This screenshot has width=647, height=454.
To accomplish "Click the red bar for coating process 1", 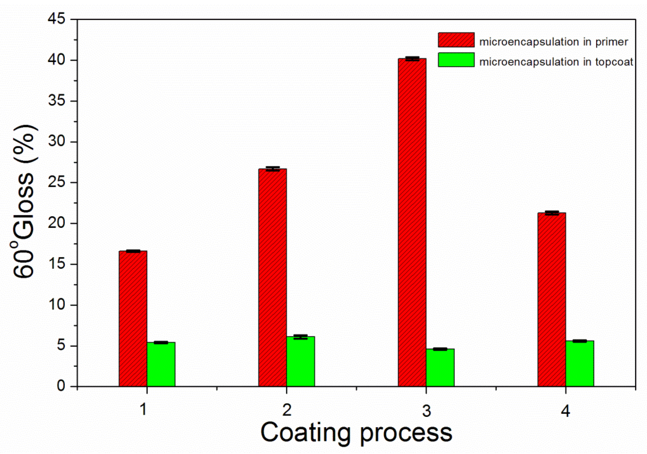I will tap(133, 318).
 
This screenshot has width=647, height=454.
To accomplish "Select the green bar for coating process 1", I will tap(161, 364).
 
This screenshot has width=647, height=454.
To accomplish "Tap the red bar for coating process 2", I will tap(272, 277).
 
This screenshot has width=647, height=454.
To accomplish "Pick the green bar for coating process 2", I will tap(300, 361).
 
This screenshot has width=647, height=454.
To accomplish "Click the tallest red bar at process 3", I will tap(412, 222).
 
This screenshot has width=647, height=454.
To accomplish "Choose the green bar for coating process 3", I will tap(440, 367).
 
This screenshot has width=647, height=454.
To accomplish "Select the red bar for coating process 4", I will tap(552, 299).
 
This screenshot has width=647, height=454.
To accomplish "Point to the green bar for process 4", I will tap(580, 363).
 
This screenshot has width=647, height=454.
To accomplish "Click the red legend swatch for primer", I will tap(456, 40).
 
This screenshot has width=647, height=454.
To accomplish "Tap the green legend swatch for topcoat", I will tap(456, 60).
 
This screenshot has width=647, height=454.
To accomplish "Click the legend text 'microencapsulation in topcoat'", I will tap(556, 62).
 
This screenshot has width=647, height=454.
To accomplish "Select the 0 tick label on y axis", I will tap(61, 386).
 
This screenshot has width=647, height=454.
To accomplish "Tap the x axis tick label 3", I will tap(426, 411).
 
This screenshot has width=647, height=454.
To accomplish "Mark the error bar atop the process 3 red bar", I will tap(412, 58).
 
